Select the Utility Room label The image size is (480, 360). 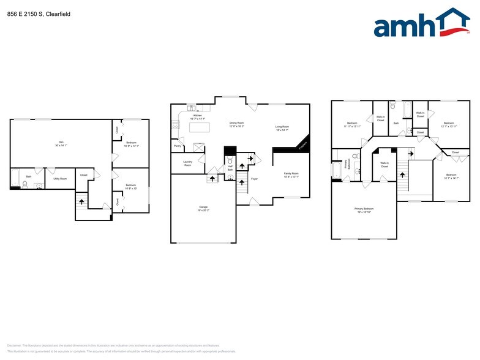click(59, 178)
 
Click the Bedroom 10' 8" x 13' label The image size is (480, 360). click(131, 186)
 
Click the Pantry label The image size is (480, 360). click(177, 146)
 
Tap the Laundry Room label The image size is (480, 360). click(187, 163)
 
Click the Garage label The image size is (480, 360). click(203, 208)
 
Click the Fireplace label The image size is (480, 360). click(302, 146)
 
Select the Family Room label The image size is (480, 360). click(291, 174)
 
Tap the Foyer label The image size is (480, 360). click(254, 179)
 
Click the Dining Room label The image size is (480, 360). click(237, 124)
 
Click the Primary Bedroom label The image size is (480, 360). click(364, 209)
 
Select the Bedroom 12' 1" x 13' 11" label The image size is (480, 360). click(449, 124)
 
